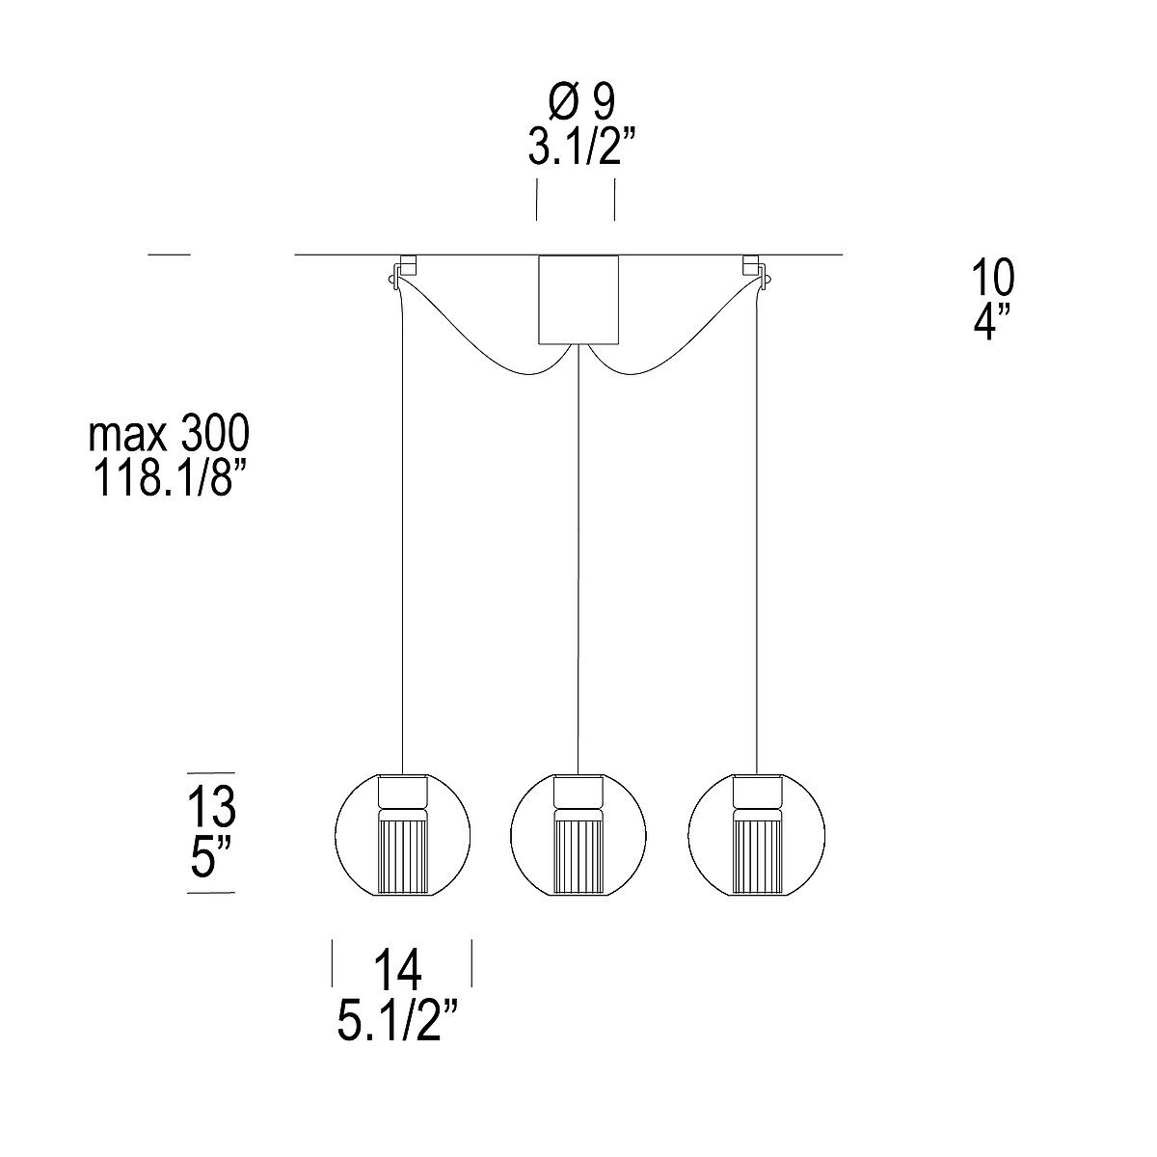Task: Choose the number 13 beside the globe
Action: [x=211, y=806]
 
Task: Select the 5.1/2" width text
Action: [x=398, y=1020]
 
